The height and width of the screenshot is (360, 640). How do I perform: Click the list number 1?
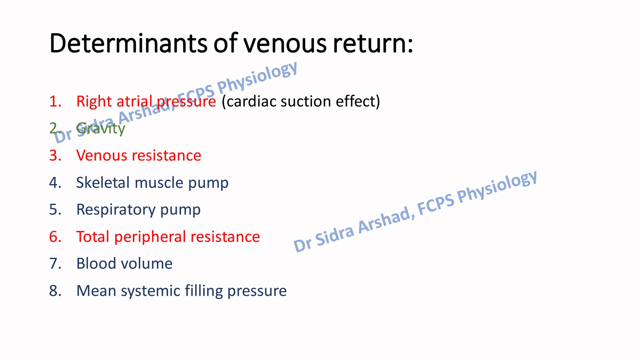coord(55,101)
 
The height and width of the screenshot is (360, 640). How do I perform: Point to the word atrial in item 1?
coord(134,101)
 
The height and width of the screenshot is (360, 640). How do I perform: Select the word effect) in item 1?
coord(358,101)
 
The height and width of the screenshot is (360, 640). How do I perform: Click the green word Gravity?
coord(101,128)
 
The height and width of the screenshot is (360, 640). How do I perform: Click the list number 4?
coord(55,182)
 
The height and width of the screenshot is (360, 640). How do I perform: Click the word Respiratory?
coord(116,209)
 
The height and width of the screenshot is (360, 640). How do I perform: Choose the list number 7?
coord(55,263)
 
